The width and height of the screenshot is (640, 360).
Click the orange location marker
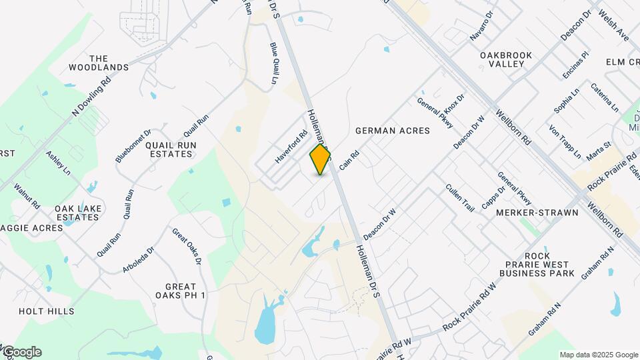pyautogui.click(x=321, y=159)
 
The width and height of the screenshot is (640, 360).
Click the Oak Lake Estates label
pyautogui.click(x=78, y=213)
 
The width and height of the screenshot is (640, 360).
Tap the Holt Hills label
pyautogui.click(x=47, y=311)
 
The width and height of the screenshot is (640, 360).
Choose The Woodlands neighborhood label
pyautogui.click(x=99, y=63)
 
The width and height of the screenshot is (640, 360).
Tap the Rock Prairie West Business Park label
pyautogui.click(x=537, y=265)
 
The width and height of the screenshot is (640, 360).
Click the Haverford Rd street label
pyautogui.click(x=291, y=147)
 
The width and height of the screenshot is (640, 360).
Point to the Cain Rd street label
pyautogui.click(x=349, y=159)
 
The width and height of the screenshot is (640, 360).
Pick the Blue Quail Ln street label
pyautogui.click(x=274, y=63)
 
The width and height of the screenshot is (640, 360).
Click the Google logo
pyautogui.click(x=21, y=352)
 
